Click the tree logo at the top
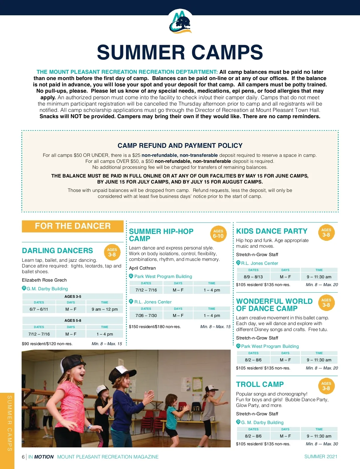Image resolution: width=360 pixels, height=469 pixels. coord(180,22)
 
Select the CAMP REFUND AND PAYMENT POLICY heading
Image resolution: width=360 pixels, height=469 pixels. coord(180,146)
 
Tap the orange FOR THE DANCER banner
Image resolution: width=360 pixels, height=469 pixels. coord(73,226)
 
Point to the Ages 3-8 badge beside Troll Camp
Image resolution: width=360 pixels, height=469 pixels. coord(326,386)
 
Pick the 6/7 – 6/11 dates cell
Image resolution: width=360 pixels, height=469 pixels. coord(39,309)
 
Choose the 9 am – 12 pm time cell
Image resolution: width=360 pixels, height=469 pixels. coord(105,309)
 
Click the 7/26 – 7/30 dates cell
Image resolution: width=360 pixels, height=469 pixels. coord(146,315)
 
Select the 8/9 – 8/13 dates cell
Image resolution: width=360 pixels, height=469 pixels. coord(253,277)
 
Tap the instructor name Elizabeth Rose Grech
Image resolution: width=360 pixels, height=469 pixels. coord(44,280)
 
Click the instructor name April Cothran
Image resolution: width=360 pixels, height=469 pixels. coord(142,268)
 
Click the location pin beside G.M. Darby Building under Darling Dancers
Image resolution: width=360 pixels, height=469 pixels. coord(24,288)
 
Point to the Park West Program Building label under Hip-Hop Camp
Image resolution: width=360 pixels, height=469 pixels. coord(163,276)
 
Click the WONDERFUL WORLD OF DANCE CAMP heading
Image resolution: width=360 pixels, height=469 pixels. coord(274,305)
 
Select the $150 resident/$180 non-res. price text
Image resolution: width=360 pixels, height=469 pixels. coord(155,327)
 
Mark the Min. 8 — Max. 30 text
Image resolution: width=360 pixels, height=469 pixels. coord(322,444)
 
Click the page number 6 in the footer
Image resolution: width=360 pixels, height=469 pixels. coord(23,457)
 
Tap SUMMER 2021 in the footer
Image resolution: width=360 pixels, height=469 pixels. coord(321,456)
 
